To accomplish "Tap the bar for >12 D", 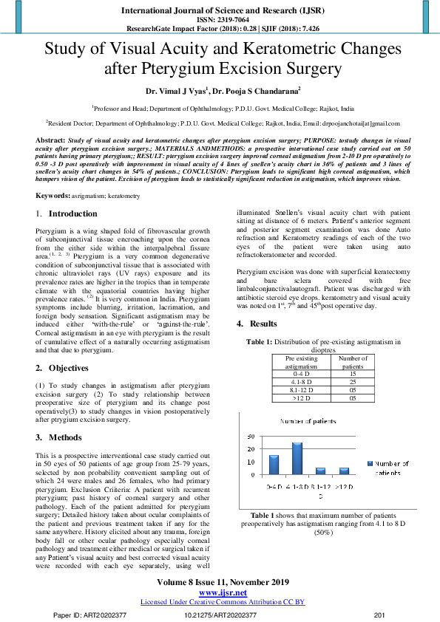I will (x=344, y=470).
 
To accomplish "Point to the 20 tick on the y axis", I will (x=250, y=450).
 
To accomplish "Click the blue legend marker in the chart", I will (x=370, y=464).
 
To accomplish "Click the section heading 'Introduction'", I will (x=72, y=213).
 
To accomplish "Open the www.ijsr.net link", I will (x=220, y=592).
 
